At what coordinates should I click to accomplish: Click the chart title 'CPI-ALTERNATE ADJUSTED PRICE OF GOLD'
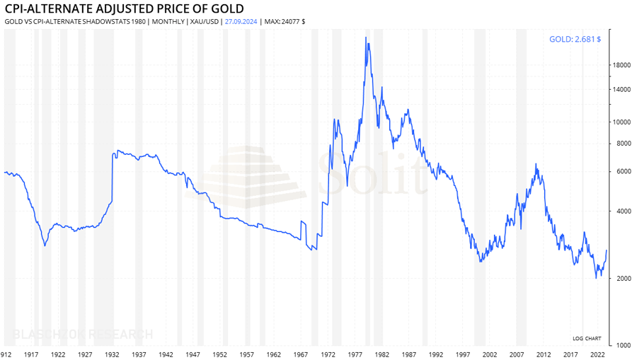124,8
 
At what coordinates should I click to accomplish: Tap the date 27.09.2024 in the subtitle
241,21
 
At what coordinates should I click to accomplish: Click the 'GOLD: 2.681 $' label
575,39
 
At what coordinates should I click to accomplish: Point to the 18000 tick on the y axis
622,65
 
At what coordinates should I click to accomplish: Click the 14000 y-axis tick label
622,89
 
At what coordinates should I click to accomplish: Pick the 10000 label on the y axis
622,122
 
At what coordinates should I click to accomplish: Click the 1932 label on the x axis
112,354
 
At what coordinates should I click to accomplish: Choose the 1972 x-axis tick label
328,354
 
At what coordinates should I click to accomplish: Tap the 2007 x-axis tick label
517,354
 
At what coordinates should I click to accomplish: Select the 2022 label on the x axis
597,354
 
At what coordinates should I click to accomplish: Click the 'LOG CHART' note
587,338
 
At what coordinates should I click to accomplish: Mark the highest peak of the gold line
366,37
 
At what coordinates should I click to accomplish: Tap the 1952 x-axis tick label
220,354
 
